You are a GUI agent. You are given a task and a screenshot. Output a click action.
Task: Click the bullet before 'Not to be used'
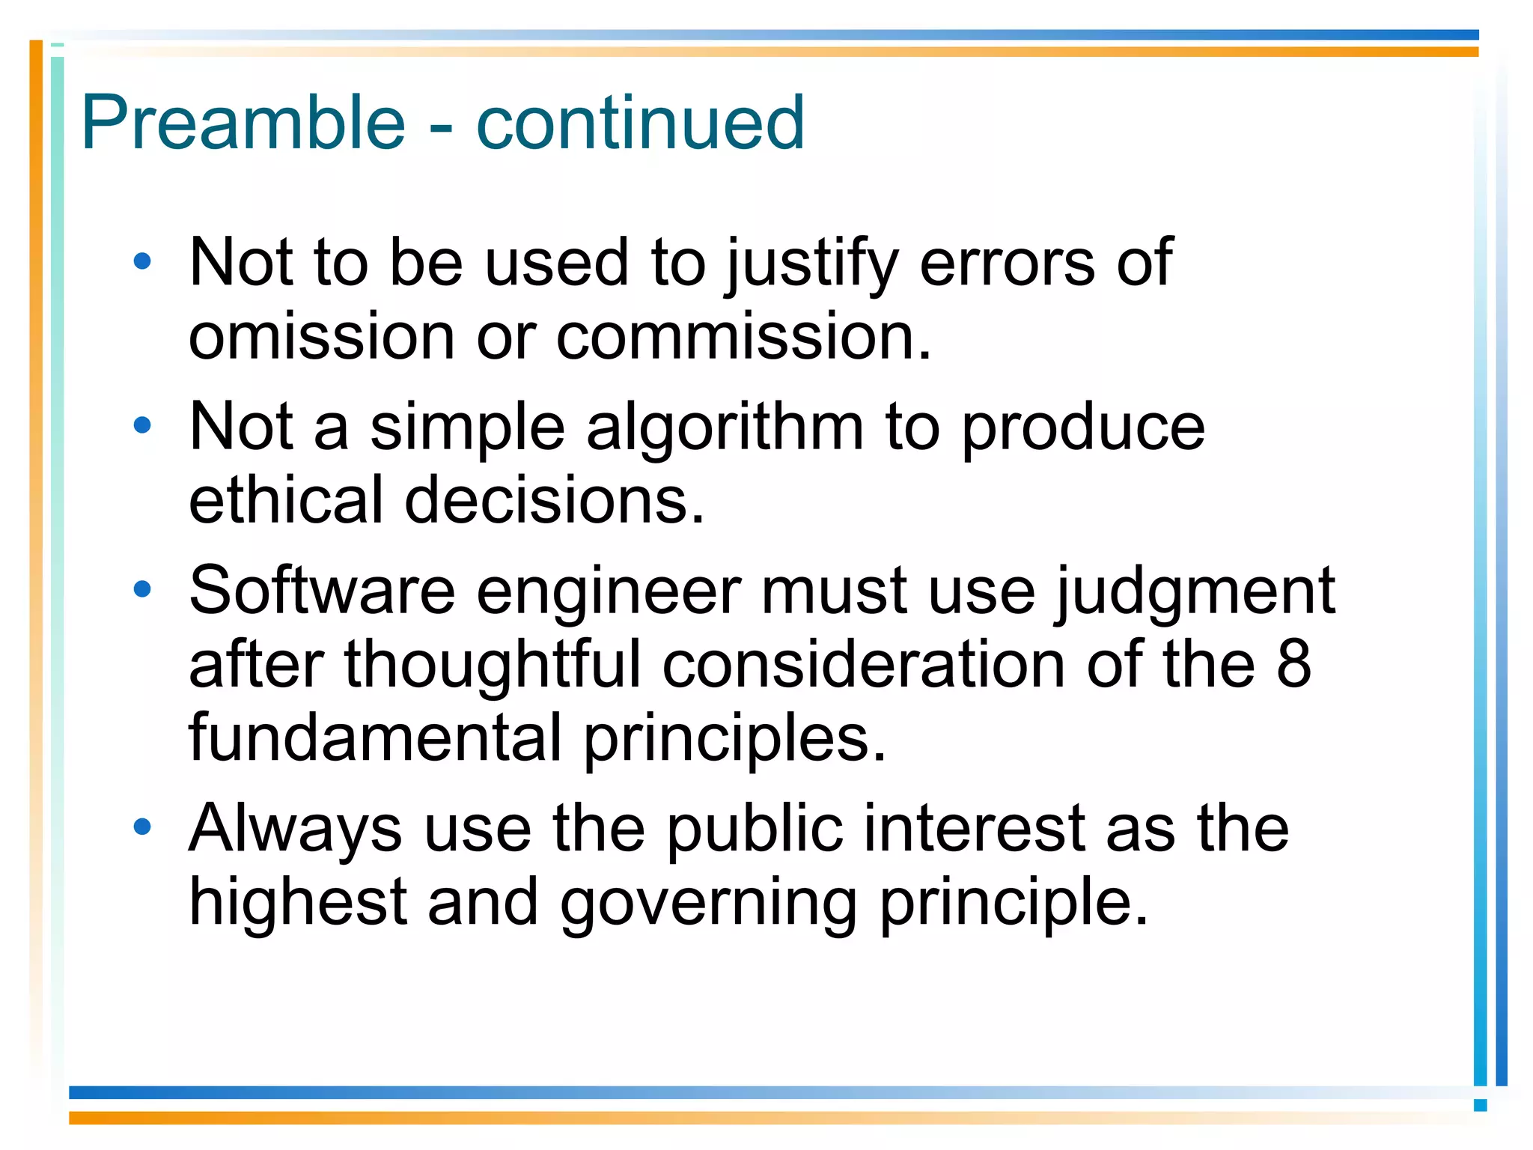pyautogui.click(x=141, y=262)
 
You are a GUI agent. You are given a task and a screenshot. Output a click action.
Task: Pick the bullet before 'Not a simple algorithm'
pyautogui.click(x=141, y=426)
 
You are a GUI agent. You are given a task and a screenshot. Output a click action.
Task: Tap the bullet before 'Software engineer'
pyautogui.click(x=141, y=589)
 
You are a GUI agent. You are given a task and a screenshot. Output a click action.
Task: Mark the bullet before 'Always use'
pyautogui.click(x=141, y=827)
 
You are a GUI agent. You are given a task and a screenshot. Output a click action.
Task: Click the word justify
pyautogui.click(x=812, y=264)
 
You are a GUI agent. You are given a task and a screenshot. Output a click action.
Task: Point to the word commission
pyautogui.click(x=743, y=337)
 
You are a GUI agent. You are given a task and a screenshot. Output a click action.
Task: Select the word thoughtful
pyautogui.click(x=492, y=663)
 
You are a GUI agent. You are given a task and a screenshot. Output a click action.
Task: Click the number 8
pyautogui.click(x=1293, y=663)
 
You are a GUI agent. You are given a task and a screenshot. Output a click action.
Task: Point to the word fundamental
pyautogui.click(x=375, y=737)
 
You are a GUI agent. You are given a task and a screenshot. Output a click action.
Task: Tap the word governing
pyautogui.click(x=708, y=903)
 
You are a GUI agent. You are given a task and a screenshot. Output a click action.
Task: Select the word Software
pyautogui.click(x=322, y=591)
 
